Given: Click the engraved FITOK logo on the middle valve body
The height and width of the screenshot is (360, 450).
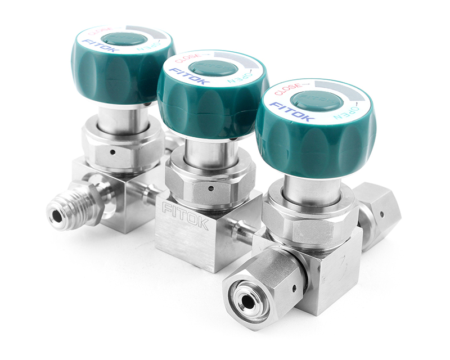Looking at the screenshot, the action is (x=186, y=215).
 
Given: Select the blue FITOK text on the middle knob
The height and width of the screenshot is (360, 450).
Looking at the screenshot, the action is (x=187, y=76).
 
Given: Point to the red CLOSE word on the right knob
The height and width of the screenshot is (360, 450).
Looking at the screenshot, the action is (x=288, y=89).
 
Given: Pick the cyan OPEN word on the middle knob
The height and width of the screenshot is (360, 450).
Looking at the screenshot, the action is (x=241, y=78).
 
